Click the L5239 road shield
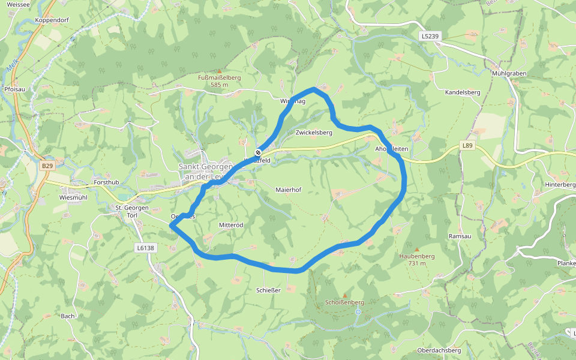[x=430, y=37]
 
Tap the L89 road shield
[x=468, y=145]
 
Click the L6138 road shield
[x=146, y=247]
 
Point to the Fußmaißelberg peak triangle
[x=219, y=71]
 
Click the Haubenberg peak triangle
[x=416, y=248]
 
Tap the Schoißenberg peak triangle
[x=344, y=295]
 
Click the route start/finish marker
[x=258, y=152]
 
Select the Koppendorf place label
[x=52, y=20]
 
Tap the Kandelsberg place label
[x=463, y=92]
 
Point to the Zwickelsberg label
[x=314, y=132]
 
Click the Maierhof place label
[x=288, y=190]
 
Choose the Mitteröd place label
[x=230, y=224]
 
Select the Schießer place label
[x=268, y=290]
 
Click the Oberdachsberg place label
[x=439, y=350]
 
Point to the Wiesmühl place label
[x=74, y=197]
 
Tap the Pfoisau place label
[x=14, y=89]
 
